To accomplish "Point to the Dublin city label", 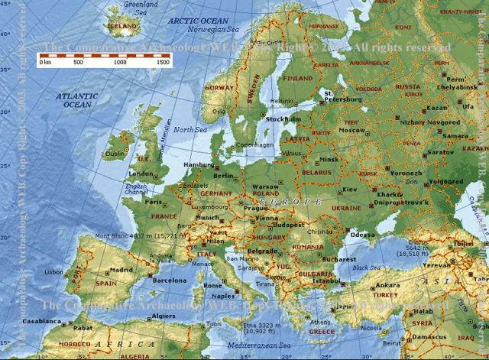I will pyautogui.click(x=115, y=154).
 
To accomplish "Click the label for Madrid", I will pyautogui.click(x=121, y=270).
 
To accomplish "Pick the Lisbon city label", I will pyautogui.click(x=54, y=272).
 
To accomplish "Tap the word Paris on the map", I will pyautogui.click(x=154, y=203).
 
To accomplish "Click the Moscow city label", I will pyautogui.click(x=351, y=131).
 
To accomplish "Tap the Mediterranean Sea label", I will pyautogui.click(x=259, y=346).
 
